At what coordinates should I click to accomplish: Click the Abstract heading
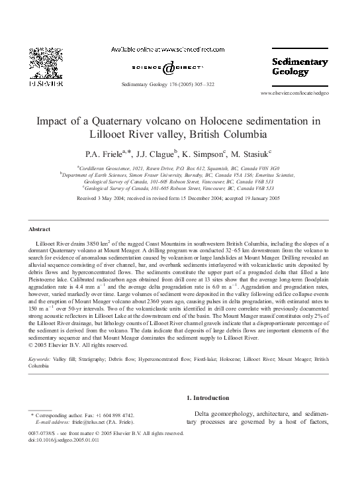[40, 229]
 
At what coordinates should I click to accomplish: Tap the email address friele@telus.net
[87, 422]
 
